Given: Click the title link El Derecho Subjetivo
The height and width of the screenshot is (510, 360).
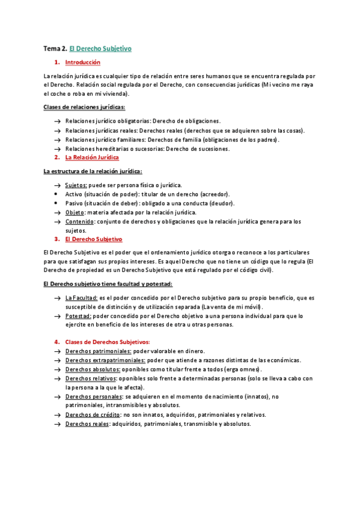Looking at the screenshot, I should click(100, 48).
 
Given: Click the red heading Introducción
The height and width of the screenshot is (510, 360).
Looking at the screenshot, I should click(82, 63).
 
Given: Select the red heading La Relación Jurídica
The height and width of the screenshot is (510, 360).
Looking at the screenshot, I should click(91, 158).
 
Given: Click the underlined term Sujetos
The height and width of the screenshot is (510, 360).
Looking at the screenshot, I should click(76, 185).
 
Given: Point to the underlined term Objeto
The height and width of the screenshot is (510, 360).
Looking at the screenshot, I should click(75, 212).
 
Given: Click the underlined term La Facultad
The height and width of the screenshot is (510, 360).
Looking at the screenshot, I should click(81, 298).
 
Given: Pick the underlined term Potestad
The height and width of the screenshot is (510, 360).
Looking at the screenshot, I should click(78, 316).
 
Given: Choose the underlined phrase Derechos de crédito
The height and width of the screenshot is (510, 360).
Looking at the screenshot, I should click(92, 415).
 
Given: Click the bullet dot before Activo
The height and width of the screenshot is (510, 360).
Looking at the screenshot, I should click(56, 194).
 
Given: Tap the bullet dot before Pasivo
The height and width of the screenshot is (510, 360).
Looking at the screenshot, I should click(56, 203).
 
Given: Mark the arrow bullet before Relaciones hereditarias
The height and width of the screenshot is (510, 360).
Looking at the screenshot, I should click(56, 149).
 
